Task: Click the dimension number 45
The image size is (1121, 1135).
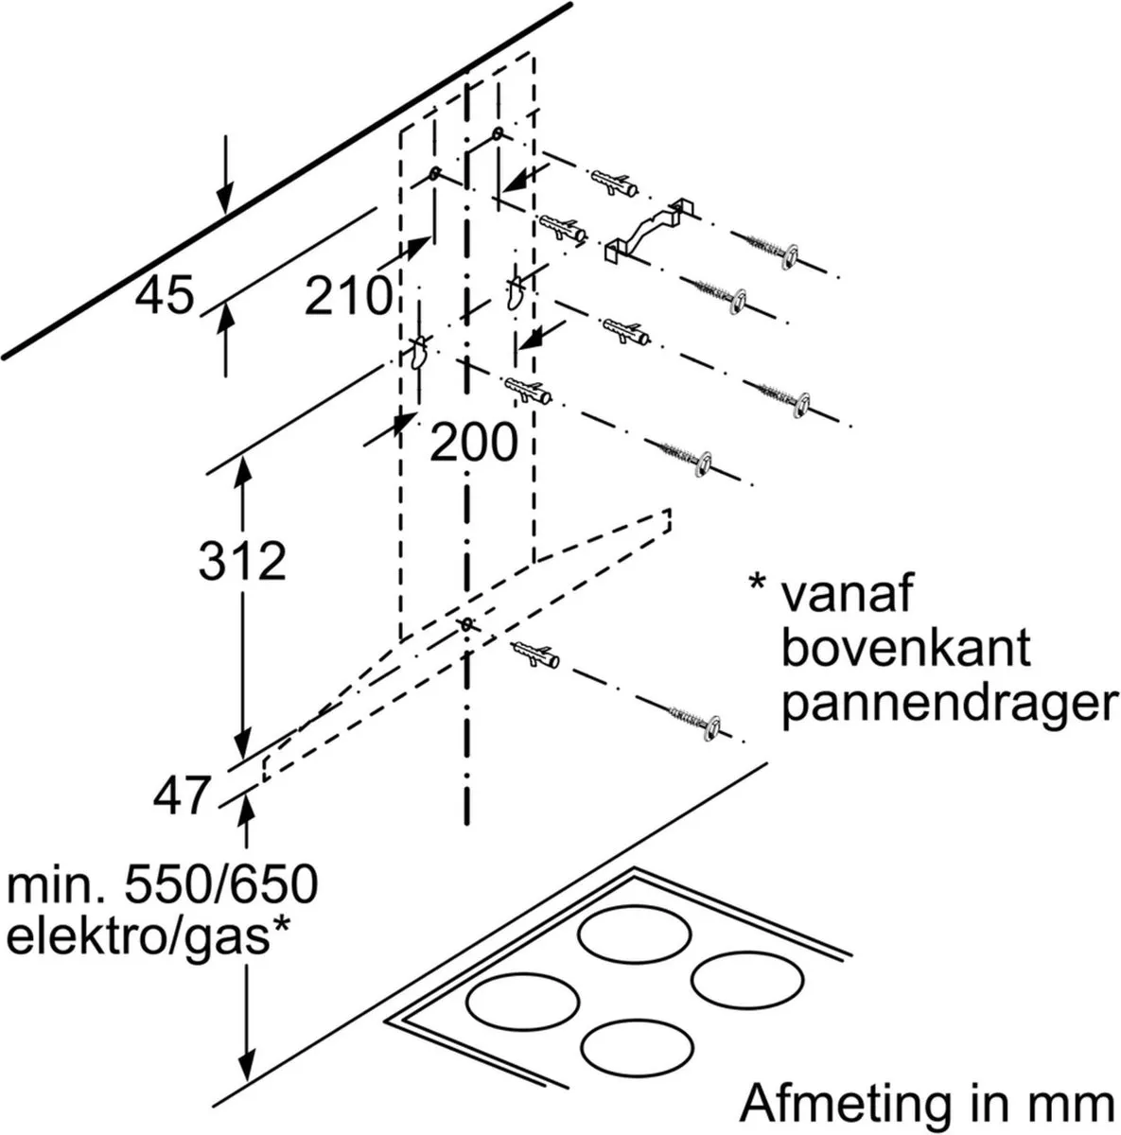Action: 165,295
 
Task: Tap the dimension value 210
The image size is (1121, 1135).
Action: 348,295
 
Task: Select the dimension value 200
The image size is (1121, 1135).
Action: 473,443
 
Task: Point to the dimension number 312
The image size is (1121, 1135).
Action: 241,561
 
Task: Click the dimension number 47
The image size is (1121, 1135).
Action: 181,795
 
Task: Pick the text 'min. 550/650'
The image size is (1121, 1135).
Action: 162,884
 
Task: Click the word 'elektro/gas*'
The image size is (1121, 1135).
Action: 148,937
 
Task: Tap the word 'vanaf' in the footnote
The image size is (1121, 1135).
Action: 847,594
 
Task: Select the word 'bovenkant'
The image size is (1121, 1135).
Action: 906,648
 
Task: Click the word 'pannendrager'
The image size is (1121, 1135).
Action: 950,704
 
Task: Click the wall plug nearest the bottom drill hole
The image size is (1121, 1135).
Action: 536,655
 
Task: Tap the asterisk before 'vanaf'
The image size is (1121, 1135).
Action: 758,584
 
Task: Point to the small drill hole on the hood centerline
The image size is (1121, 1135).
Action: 466,623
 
